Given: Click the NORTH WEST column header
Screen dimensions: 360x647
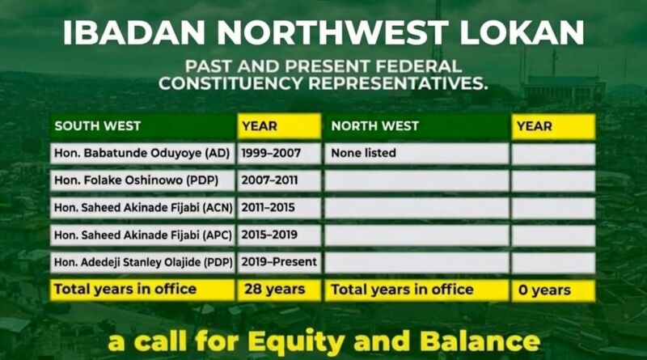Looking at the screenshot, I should [x=375, y=126].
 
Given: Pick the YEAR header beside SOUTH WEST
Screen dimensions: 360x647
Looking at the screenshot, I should [x=260, y=126].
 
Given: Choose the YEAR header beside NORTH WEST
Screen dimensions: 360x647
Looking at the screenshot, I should [x=535, y=126].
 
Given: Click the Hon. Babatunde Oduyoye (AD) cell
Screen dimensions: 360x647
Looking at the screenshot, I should [x=142, y=153].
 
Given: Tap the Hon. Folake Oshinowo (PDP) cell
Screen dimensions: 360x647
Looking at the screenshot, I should [x=143, y=180].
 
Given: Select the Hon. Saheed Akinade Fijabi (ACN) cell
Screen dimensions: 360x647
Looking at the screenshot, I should [x=143, y=208].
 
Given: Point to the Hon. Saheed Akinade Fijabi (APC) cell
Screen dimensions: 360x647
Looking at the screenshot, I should [x=143, y=235].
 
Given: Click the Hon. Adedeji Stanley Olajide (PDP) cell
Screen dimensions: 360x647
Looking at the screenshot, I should [x=143, y=262].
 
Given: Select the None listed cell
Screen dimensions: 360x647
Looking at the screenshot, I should [x=364, y=153].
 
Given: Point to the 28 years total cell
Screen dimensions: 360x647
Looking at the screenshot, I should [x=275, y=290].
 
